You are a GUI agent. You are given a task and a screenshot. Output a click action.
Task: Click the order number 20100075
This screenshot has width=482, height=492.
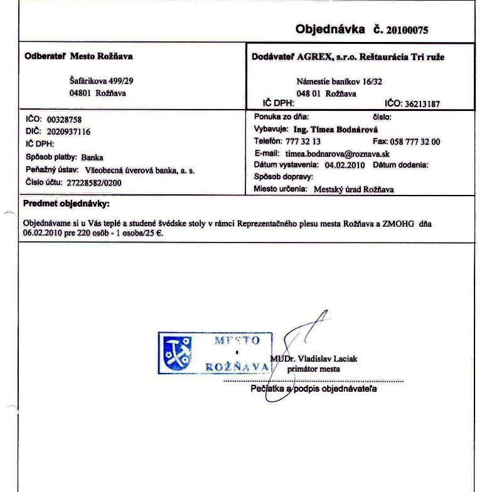407,29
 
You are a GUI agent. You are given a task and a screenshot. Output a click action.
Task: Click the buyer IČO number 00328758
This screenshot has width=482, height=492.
65,119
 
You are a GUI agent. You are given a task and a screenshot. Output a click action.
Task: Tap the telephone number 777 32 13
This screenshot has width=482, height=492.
303,142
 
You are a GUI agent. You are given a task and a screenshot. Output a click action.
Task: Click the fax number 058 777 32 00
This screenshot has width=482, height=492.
415,142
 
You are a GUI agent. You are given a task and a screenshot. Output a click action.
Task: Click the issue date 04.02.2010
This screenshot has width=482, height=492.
345,165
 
